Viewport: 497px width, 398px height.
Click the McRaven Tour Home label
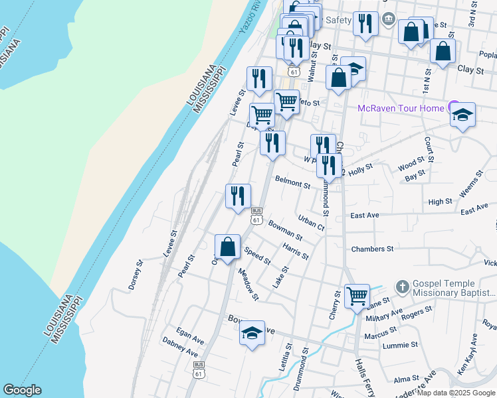coord(400,108)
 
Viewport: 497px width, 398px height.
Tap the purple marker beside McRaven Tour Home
coord(454,105)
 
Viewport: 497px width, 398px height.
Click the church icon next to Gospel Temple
coord(402,287)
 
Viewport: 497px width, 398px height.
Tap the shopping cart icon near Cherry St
coord(357,295)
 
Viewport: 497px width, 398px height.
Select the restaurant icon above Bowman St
coord(238,196)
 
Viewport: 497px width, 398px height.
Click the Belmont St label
coord(293,182)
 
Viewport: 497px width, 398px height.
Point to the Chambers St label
coord(373,249)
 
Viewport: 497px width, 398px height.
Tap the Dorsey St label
coord(136,275)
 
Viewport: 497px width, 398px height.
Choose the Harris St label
coord(295,251)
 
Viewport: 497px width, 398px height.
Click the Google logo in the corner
coord(22,390)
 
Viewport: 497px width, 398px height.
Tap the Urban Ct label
coord(311,223)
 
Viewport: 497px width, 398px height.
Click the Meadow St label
coord(248,284)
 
